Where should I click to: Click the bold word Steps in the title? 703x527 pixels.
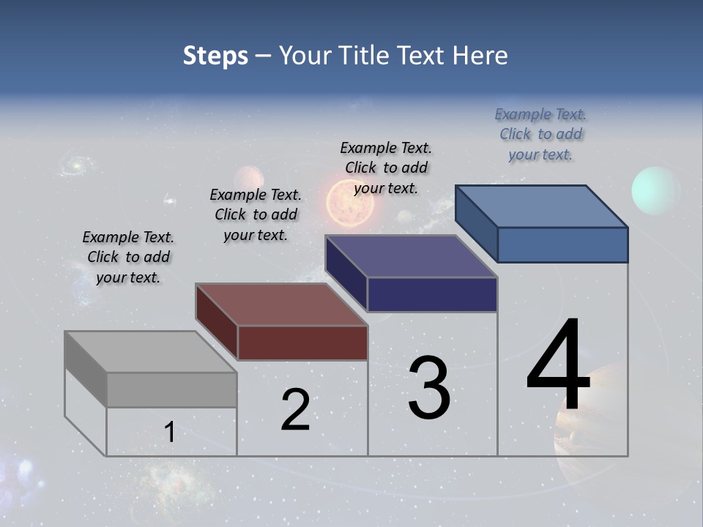tap(215, 56)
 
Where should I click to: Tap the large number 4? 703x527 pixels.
tap(559, 366)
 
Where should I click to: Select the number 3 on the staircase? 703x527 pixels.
tap(429, 388)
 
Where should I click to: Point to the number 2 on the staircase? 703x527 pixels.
tap(296, 410)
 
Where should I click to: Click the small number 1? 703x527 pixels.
tap(170, 433)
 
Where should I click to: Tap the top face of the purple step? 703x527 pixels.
tap(411, 256)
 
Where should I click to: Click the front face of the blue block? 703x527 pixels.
tap(562, 244)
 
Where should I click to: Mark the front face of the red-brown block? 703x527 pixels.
tap(302, 343)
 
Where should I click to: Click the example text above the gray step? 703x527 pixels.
tap(128, 257)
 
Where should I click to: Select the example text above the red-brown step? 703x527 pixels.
tap(256, 214)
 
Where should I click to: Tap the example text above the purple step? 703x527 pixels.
tap(386, 168)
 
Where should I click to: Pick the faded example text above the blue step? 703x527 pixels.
tap(540, 134)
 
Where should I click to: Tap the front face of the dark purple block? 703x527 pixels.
tap(432, 294)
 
